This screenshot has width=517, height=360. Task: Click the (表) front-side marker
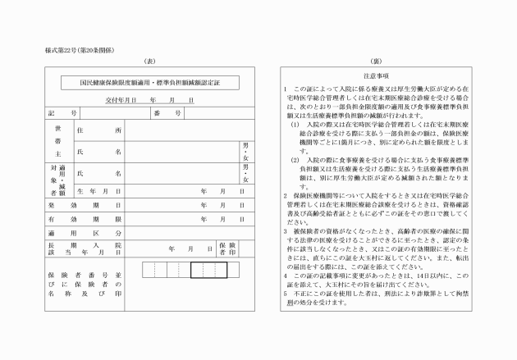tap(149, 62)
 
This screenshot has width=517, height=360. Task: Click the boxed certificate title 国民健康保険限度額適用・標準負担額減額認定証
tap(149, 82)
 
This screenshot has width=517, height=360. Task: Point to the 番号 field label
tap(167, 113)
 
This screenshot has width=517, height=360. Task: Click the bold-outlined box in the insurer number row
tap(208, 269)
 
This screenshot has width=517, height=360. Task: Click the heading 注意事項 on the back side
tap(376, 75)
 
